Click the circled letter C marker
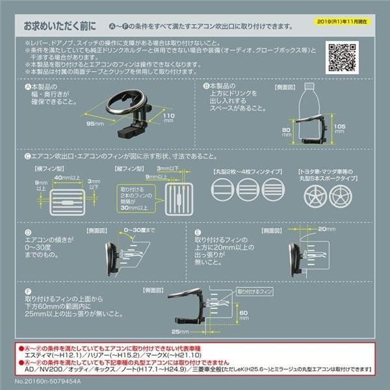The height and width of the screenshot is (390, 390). click(x=27, y=156)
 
